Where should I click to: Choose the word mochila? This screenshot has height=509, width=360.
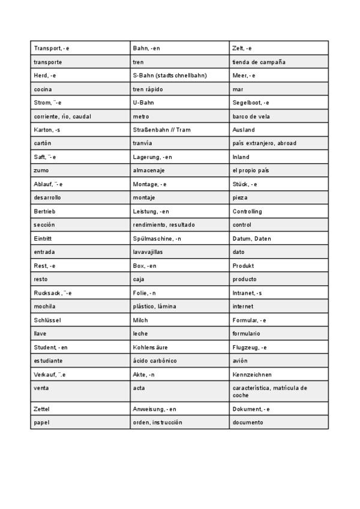[x=45, y=306]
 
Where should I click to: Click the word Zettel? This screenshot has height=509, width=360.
[x=43, y=409]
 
